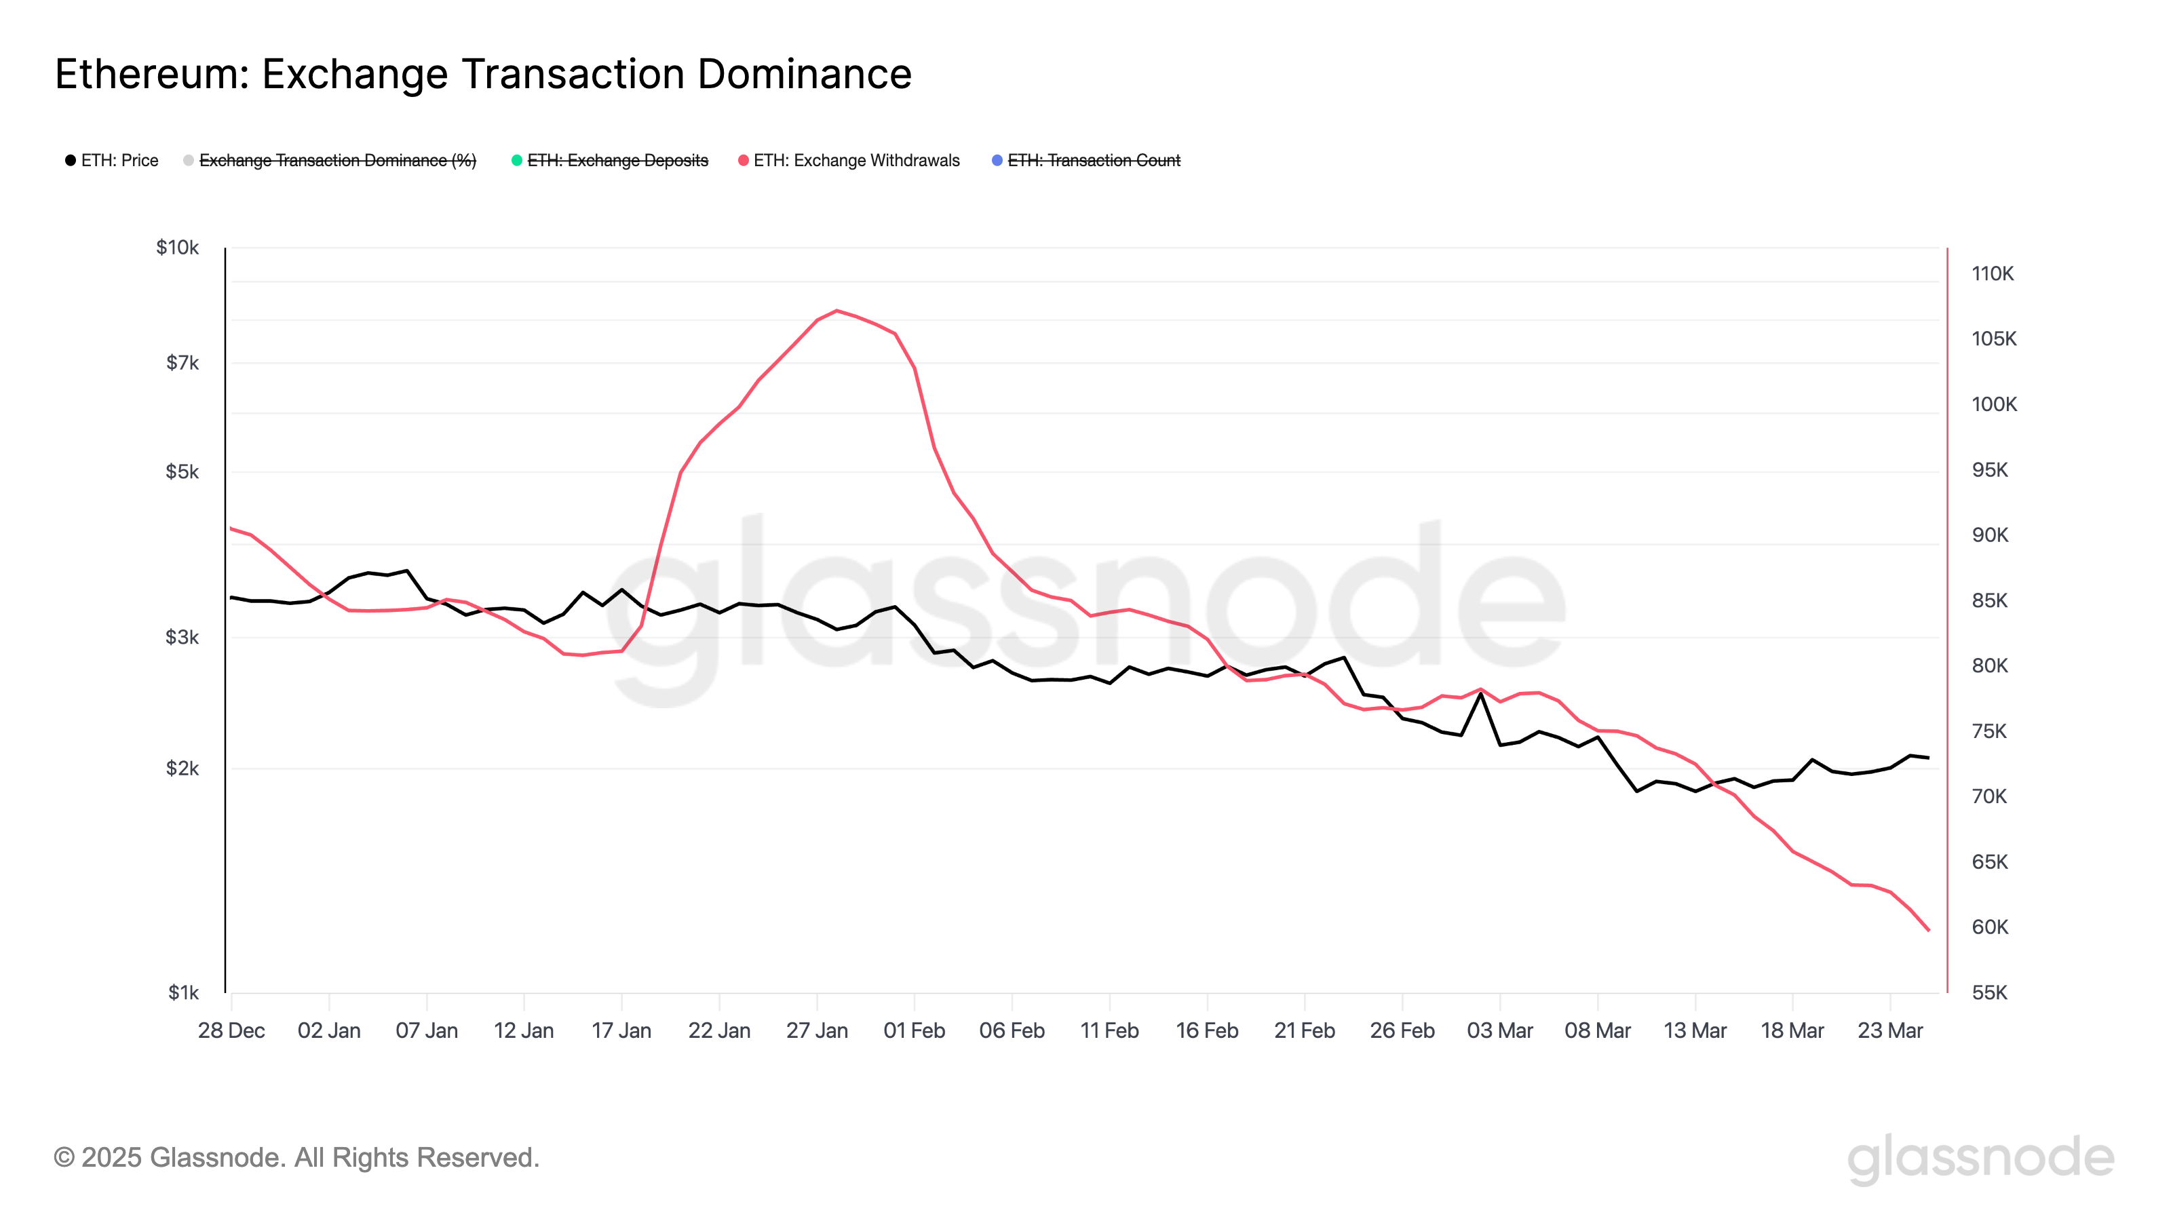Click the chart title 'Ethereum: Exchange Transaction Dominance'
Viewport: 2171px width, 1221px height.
pyautogui.click(x=483, y=74)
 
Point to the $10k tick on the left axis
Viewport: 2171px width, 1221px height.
pyautogui.click(x=177, y=248)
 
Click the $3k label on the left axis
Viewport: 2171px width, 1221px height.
pyautogui.click(x=182, y=637)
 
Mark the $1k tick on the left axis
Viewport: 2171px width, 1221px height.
pyautogui.click(x=183, y=992)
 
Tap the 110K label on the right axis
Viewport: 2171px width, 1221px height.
pyautogui.click(x=1993, y=274)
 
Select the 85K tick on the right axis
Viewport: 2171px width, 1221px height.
pyautogui.click(x=1990, y=601)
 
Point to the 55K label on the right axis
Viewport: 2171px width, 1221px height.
pyautogui.click(x=1990, y=992)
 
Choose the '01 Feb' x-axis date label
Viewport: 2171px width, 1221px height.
pyautogui.click(x=914, y=1030)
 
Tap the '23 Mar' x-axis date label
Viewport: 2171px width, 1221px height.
pyautogui.click(x=1889, y=1030)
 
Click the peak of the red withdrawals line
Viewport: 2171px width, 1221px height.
pyautogui.click(x=836, y=311)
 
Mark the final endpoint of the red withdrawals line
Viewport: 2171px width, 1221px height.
pyautogui.click(x=1928, y=930)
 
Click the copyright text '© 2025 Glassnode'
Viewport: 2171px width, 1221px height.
pyautogui.click(x=296, y=1158)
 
